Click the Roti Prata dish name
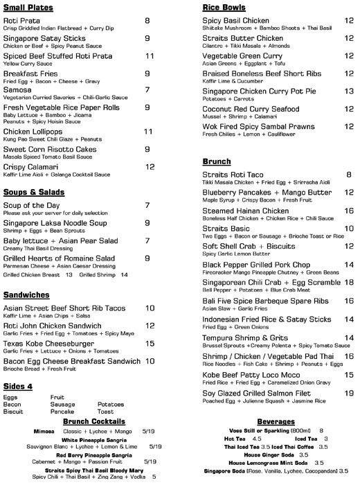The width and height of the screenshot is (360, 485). point(24,21)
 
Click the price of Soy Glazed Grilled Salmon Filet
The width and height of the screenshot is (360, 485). point(349,392)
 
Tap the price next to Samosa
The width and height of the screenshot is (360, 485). point(147,89)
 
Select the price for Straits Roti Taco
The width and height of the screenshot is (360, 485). point(349,175)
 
